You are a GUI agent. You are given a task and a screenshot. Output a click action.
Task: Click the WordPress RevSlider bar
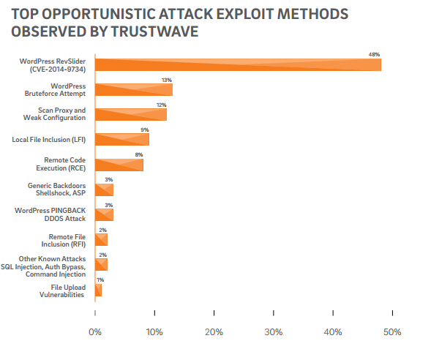pyautogui.click(x=238, y=65)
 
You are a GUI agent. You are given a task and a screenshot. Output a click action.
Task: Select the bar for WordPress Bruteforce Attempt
pyautogui.click(x=134, y=89)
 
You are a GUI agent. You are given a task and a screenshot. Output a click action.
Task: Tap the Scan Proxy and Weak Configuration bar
pyautogui.click(x=131, y=114)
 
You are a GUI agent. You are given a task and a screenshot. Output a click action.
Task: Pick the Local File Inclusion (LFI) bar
pyautogui.click(x=122, y=139)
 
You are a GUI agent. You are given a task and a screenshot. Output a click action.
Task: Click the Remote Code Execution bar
pyautogui.click(x=119, y=165)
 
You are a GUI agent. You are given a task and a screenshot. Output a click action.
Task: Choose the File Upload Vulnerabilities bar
pyautogui.click(x=98, y=290)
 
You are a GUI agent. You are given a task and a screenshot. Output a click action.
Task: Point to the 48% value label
pyautogui.click(x=374, y=54)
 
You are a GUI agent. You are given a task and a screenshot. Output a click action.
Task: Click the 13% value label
pyautogui.click(x=167, y=80)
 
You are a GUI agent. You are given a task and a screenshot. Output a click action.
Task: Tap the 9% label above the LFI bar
pyautogui.click(x=145, y=130)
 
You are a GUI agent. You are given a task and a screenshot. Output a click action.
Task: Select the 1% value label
pyautogui.click(x=100, y=280)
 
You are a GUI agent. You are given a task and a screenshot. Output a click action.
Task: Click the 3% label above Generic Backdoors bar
pyautogui.click(x=108, y=179)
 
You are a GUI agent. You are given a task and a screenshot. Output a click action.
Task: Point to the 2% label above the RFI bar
pyautogui.click(x=102, y=230)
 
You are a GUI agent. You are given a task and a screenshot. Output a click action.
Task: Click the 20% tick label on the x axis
pyautogui.click(x=214, y=332)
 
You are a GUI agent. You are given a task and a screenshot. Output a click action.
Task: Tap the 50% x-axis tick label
pyautogui.click(x=392, y=332)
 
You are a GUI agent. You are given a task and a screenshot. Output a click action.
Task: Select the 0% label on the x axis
pyautogui.click(x=95, y=332)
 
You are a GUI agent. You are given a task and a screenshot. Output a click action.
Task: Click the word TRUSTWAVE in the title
pyautogui.click(x=154, y=31)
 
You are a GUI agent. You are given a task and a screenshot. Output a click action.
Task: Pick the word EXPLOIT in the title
pyautogui.click(x=245, y=14)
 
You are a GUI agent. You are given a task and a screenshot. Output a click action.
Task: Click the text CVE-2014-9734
pyautogui.click(x=58, y=69)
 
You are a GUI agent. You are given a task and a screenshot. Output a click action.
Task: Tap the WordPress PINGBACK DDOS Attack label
pyautogui.click(x=50, y=214)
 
